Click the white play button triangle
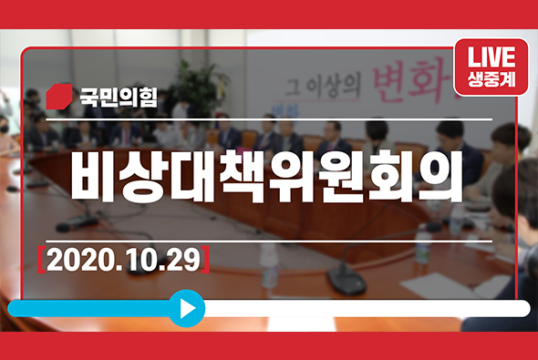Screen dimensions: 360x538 pos(188,308)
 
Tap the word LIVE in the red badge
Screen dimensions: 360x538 pos(491,56)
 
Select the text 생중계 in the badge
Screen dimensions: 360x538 pos(491,77)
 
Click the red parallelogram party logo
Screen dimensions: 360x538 pos(59,96)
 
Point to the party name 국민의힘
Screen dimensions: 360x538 pos(118,96)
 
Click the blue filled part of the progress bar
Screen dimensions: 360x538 pos(91,308)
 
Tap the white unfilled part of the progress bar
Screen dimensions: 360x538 pos(365,308)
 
